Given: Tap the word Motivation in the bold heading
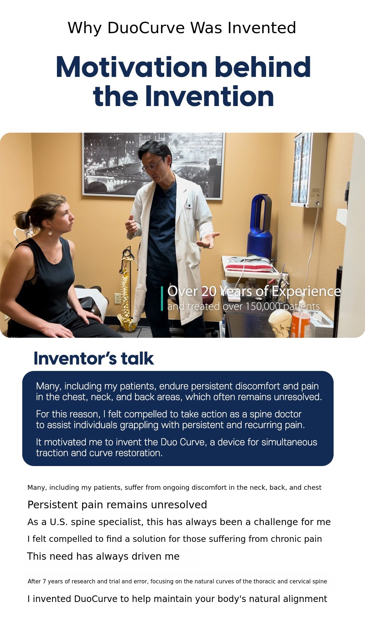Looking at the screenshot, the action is (131, 67).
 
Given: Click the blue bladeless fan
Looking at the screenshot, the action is (259, 226).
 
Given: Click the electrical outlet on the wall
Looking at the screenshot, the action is (118, 298).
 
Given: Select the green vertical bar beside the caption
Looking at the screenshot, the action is (162, 298).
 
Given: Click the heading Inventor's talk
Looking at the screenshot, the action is (94, 359).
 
